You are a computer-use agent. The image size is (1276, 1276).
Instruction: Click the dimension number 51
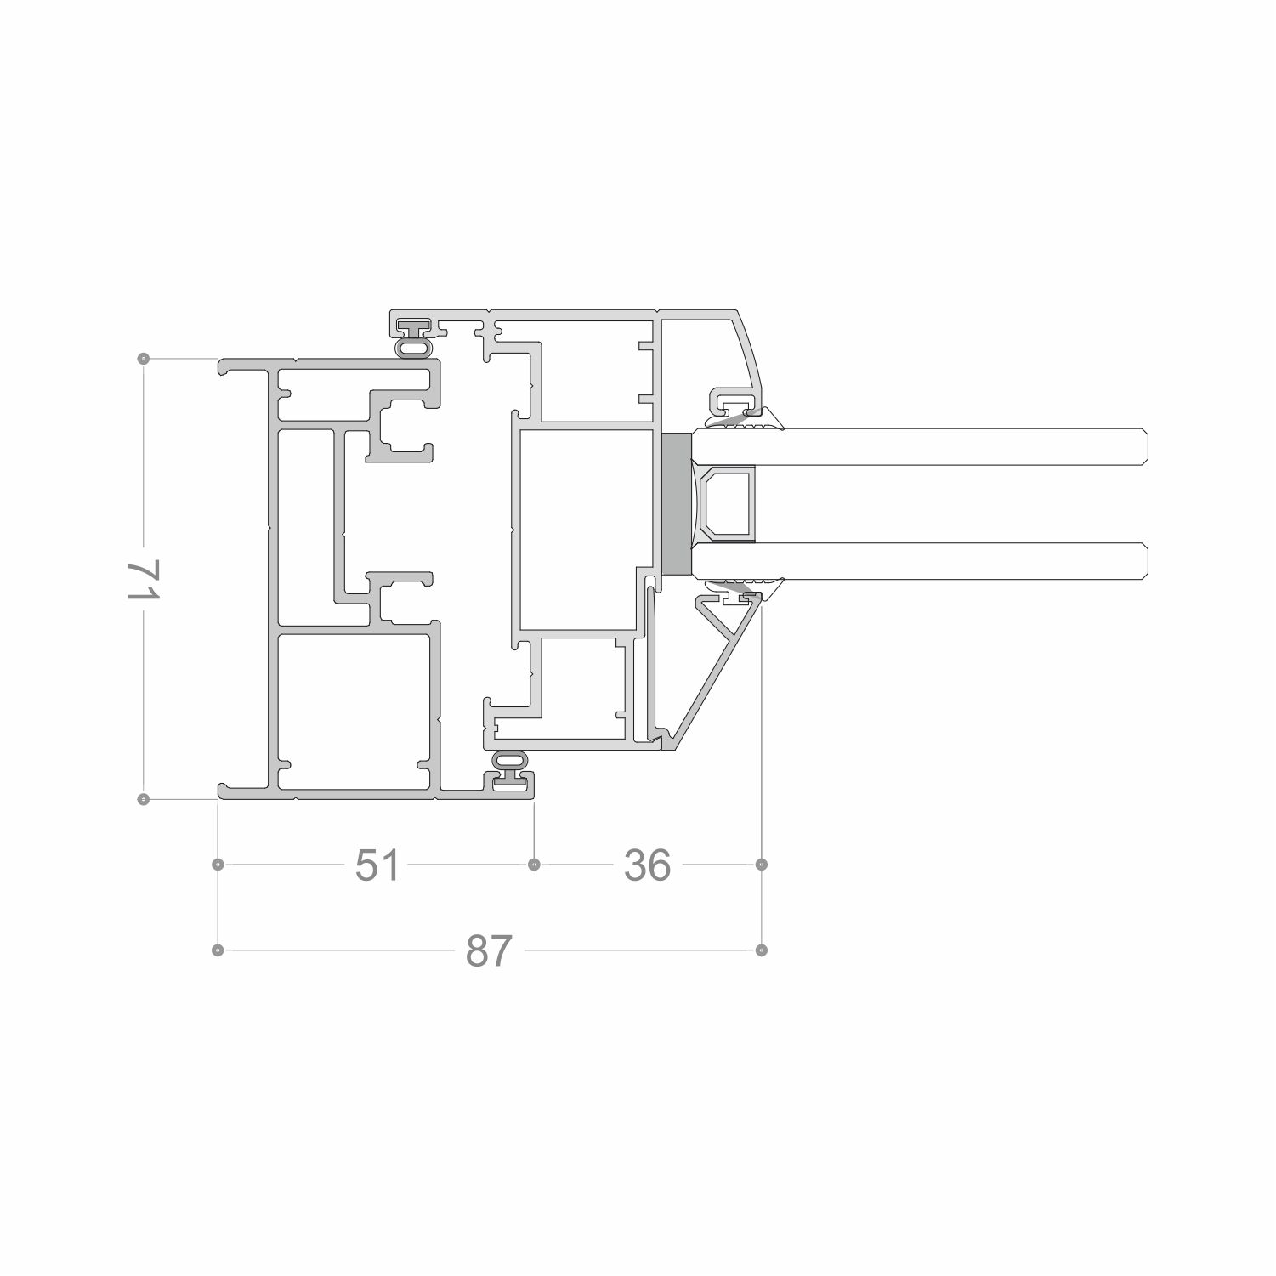pos(377,865)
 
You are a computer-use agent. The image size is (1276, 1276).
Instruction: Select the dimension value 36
pos(648,865)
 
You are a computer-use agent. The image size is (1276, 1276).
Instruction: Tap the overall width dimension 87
pos(490,950)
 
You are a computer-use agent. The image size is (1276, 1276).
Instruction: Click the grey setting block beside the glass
pos(676,502)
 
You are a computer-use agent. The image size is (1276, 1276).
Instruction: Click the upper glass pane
pos(918,447)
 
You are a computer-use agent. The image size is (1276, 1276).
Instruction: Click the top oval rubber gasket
pos(415,348)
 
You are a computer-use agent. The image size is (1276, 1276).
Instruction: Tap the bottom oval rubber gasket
pos(510,759)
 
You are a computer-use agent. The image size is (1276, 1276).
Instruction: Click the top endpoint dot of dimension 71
pos(144,359)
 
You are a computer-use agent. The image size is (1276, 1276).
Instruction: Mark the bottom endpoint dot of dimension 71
pos(144,799)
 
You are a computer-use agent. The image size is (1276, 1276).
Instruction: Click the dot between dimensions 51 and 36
pos(534,865)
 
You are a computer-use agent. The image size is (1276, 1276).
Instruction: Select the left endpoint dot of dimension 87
pos(218,950)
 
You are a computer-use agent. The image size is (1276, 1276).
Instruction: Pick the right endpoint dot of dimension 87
pos(762,950)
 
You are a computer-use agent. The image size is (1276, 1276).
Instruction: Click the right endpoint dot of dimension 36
pos(762,865)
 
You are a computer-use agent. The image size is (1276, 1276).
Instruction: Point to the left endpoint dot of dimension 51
pos(218,865)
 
